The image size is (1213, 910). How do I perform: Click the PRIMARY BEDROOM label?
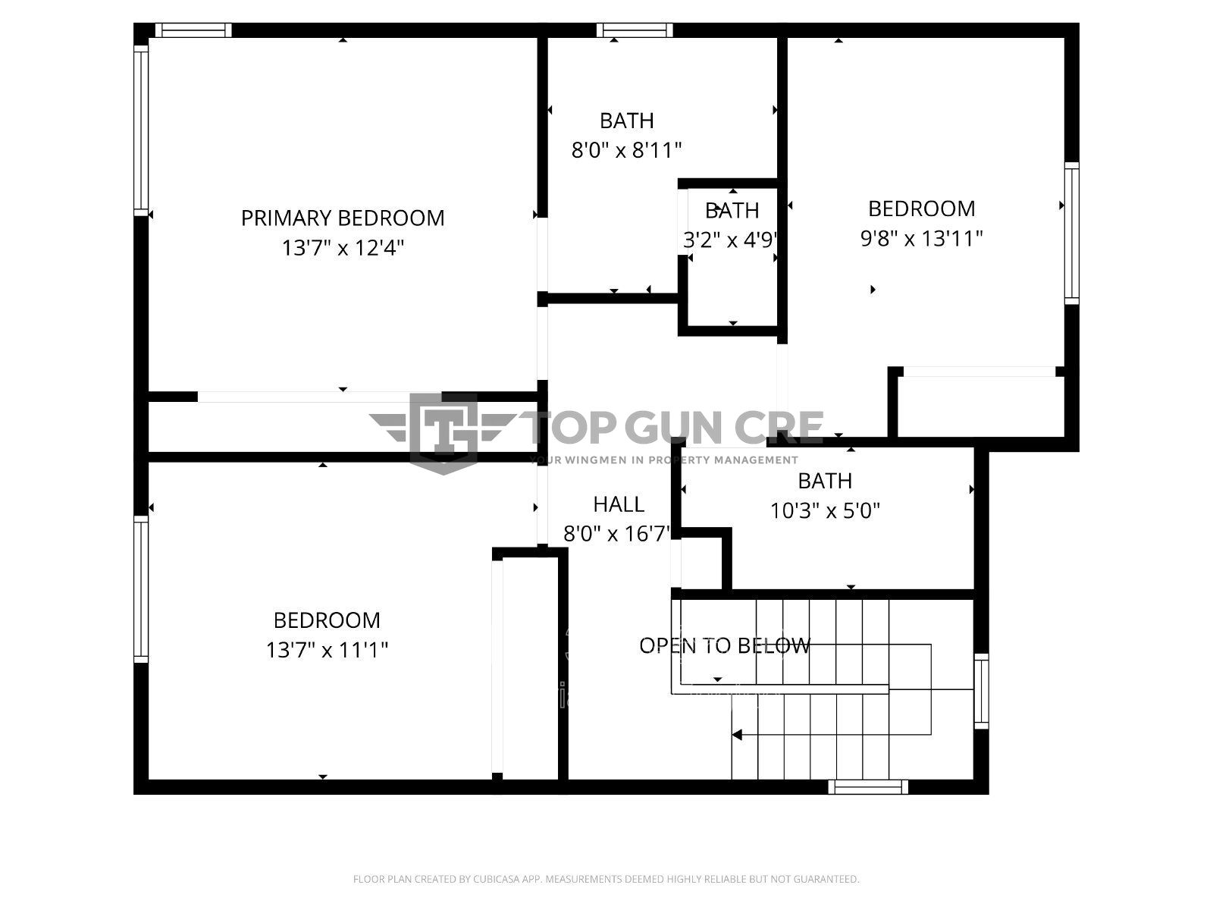coord(343,218)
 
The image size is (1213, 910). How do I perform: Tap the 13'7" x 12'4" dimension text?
coord(343,248)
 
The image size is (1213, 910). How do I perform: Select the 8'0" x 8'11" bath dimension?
coord(626,150)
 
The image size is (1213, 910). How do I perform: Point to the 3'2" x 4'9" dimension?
coord(731,240)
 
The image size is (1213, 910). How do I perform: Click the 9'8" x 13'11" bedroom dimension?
coord(921,239)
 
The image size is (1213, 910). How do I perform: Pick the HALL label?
coord(619,504)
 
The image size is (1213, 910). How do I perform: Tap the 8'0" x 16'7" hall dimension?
coord(617,535)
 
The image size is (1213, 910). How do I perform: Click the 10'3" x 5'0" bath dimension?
coord(825,511)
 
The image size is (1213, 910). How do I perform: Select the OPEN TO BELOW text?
coord(725,645)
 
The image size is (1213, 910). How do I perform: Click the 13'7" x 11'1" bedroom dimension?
coord(327,651)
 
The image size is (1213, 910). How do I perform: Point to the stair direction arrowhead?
coord(737,735)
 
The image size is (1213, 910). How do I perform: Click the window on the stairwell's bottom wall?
coord(867,787)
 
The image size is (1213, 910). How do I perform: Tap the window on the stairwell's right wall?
coord(981,691)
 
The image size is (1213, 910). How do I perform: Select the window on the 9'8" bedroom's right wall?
coord(1071,233)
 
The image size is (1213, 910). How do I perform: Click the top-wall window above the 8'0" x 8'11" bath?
coord(635,30)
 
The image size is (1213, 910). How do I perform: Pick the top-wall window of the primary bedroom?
coord(193,30)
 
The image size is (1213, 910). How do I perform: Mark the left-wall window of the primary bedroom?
coord(141,130)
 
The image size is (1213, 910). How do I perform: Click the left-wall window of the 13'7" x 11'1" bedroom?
coord(141,589)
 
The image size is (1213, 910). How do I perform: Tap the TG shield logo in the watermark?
coord(444,434)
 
